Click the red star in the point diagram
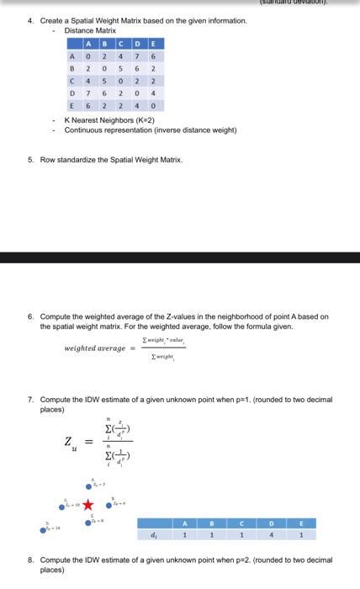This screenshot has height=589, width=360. pos(87,505)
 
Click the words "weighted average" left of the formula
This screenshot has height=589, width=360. pos(94,348)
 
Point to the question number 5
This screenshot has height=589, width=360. pos(31,159)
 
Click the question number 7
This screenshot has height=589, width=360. pos(31,400)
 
